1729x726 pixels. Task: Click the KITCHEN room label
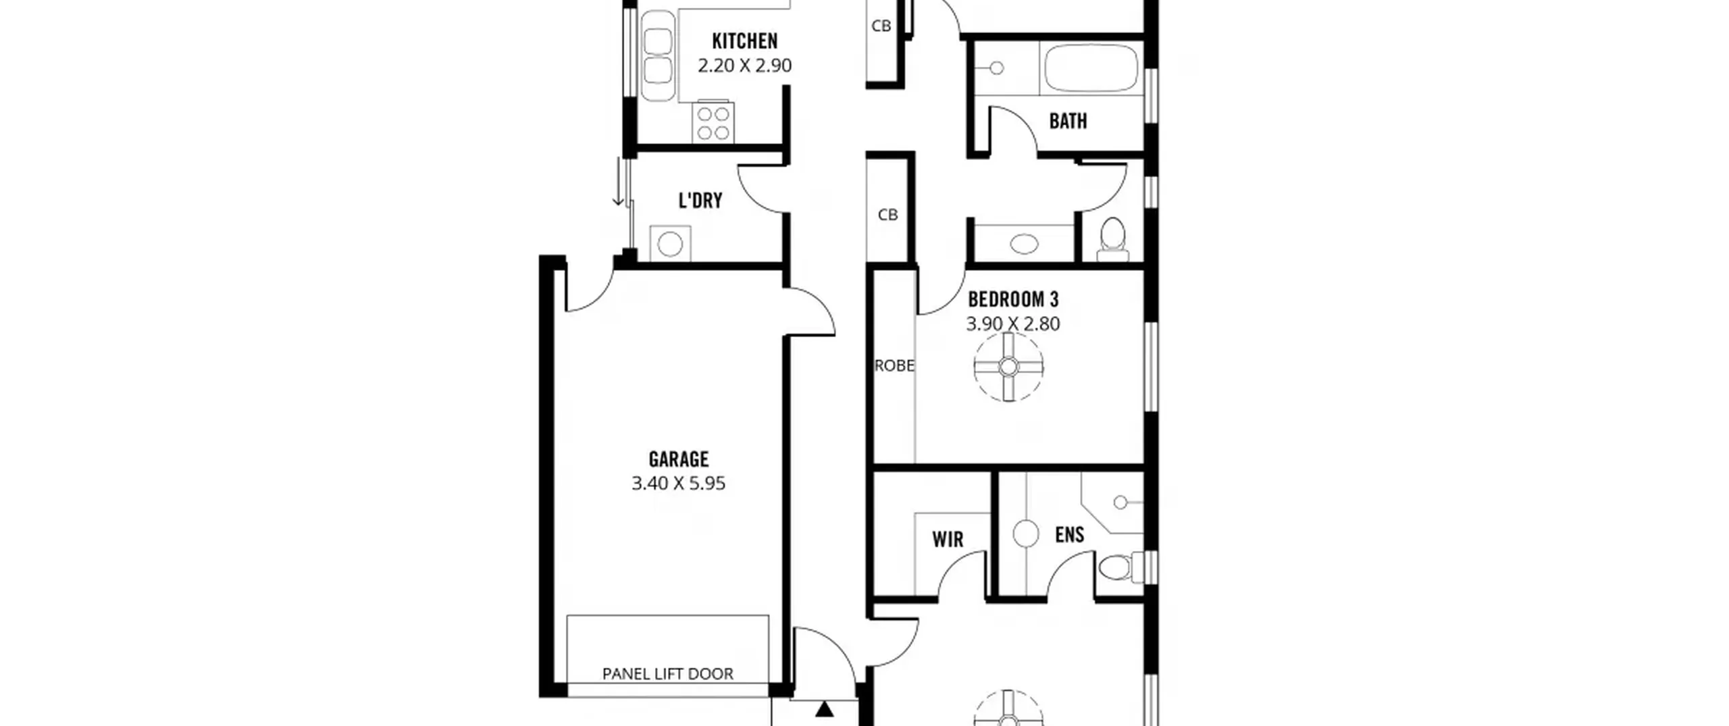click(745, 41)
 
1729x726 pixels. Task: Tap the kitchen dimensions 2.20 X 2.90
click(745, 66)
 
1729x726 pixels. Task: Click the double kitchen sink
click(658, 55)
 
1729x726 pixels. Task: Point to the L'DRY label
click(700, 201)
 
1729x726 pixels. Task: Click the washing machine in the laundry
click(670, 244)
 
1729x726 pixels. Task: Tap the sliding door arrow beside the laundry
click(618, 182)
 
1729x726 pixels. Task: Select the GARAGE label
click(679, 459)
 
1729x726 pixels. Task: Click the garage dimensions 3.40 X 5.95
click(679, 484)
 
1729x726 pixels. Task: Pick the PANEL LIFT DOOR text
click(668, 673)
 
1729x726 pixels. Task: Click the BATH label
click(1068, 122)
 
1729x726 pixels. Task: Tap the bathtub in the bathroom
click(1091, 68)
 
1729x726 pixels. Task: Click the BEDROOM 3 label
click(1013, 299)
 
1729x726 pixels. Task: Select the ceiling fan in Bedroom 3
click(1008, 367)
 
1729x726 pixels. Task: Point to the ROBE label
click(894, 366)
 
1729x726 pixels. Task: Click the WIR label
click(948, 540)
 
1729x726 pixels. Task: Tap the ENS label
click(1070, 535)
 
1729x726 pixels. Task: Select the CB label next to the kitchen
click(881, 26)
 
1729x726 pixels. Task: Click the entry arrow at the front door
click(824, 709)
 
